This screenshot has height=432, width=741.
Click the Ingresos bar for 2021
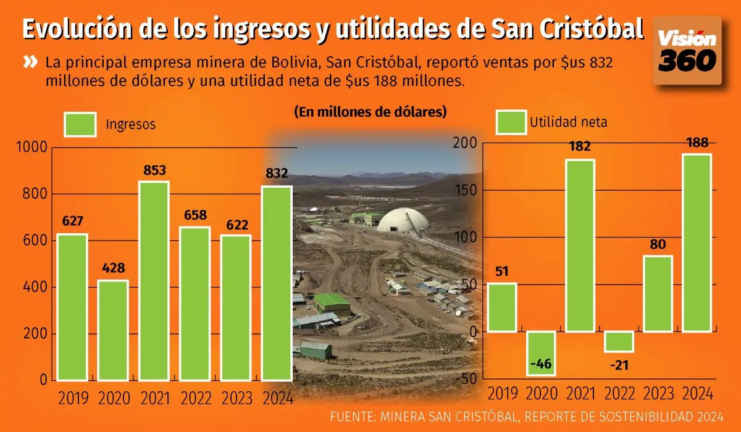click(x=154, y=281)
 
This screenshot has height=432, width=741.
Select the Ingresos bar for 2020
click(x=113, y=330)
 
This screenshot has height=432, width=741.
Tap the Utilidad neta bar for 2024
click(x=696, y=243)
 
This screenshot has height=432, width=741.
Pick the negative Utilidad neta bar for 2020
click(x=541, y=353)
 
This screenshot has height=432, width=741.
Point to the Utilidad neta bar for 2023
click(x=657, y=294)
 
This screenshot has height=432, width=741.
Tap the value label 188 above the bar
click(x=696, y=143)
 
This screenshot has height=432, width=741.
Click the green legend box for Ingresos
click(x=80, y=124)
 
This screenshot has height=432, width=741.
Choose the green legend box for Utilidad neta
click(x=512, y=122)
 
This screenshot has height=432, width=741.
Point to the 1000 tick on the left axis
click(x=31, y=147)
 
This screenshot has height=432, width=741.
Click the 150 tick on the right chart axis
click(x=466, y=190)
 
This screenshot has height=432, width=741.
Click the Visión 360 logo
click(x=687, y=51)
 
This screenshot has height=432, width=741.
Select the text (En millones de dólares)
click(x=371, y=112)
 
